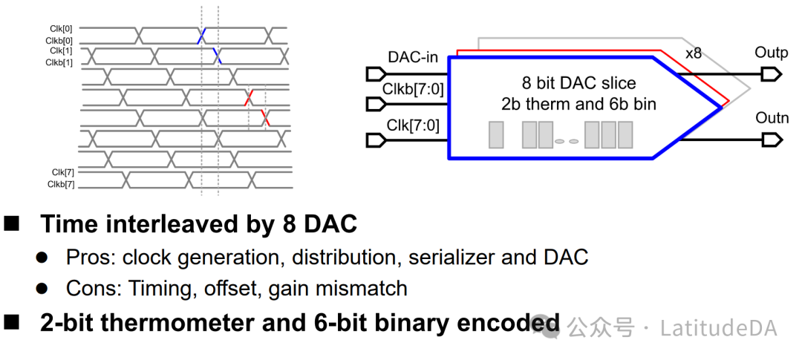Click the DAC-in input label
[413, 57]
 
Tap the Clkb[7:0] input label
[414, 90]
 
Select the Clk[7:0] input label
[414, 124]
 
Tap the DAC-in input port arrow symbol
[376, 73]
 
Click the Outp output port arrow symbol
[772, 73]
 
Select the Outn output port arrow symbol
[772, 140]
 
